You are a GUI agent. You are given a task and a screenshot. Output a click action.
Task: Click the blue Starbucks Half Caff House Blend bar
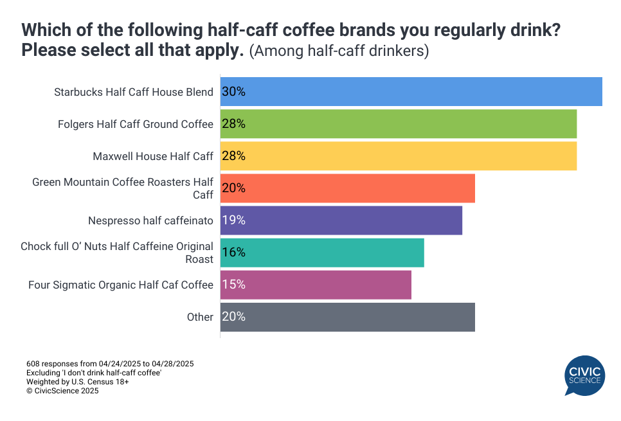pyautogui.click(x=411, y=91)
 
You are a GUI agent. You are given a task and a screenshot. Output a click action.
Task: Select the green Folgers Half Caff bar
pyautogui.click(x=399, y=123)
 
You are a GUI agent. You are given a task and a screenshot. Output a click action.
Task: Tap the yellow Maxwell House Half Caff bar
pyautogui.click(x=399, y=156)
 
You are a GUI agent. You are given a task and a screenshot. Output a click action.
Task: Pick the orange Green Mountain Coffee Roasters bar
pyautogui.click(x=348, y=188)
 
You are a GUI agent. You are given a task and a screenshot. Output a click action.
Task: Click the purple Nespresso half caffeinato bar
pyautogui.click(x=341, y=220)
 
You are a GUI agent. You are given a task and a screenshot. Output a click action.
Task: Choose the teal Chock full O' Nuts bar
pyautogui.click(x=322, y=252)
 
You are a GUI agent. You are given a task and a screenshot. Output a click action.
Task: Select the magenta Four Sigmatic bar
pyautogui.click(x=316, y=284)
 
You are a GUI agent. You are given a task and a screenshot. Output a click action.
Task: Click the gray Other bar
pyautogui.click(x=348, y=316)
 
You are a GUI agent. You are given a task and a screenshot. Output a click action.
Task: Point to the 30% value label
pyautogui.click(x=233, y=91)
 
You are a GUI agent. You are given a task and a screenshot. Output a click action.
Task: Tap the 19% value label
pyautogui.click(x=233, y=220)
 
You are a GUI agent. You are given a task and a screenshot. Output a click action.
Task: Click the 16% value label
pyautogui.click(x=233, y=252)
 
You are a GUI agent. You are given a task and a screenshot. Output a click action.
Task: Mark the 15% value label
pyautogui.click(x=233, y=284)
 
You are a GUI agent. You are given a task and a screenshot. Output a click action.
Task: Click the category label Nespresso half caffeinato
pyautogui.click(x=150, y=220)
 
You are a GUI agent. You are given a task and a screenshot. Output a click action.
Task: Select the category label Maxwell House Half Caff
pyautogui.click(x=153, y=156)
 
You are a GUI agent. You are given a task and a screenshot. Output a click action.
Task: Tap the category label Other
pyautogui.click(x=201, y=317)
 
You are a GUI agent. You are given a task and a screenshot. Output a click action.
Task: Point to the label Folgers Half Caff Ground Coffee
pyautogui.click(x=136, y=124)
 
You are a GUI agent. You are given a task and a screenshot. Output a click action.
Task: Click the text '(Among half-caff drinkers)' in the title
pyautogui.click(x=339, y=51)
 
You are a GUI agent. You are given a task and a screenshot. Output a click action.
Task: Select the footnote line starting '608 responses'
pyautogui.click(x=110, y=364)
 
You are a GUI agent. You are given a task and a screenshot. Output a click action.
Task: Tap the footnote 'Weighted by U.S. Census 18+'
pyautogui.click(x=78, y=382)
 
